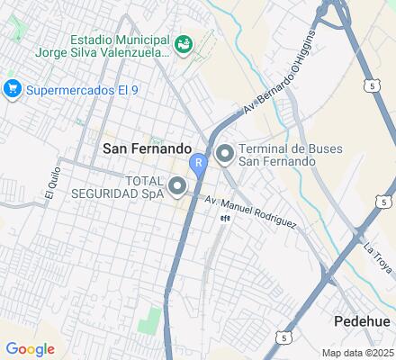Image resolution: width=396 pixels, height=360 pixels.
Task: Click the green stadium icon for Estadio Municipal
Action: click(x=183, y=42)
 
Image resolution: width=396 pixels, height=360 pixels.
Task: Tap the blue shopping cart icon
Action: click(x=12, y=88)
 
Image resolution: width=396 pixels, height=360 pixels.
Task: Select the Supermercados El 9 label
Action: click(x=79, y=89)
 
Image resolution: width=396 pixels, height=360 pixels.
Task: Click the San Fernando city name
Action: click(x=147, y=148)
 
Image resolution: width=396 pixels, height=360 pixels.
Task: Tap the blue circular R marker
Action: click(x=198, y=162)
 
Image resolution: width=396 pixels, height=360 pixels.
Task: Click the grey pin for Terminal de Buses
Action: click(x=223, y=155)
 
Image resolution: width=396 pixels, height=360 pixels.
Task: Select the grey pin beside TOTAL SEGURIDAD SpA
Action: click(x=178, y=187)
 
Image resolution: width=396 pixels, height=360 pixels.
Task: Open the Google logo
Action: click(x=30, y=348)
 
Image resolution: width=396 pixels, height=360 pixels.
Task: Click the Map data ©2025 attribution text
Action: click(x=357, y=352)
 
